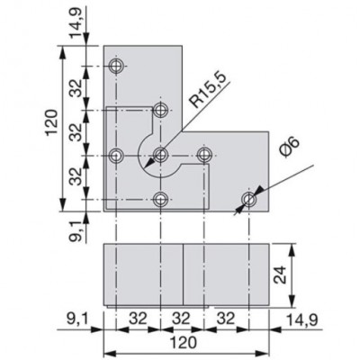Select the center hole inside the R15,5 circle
pyautogui.click(x=160, y=155)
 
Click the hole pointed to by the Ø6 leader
pyautogui.click(x=249, y=198)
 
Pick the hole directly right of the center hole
pyautogui.click(x=204, y=155)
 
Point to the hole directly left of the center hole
pyautogui.click(x=116, y=155)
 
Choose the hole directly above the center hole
pyautogui.click(x=160, y=111)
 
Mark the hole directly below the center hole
pyautogui.click(x=160, y=199)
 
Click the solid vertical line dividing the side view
pyautogui.click(x=184, y=274)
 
